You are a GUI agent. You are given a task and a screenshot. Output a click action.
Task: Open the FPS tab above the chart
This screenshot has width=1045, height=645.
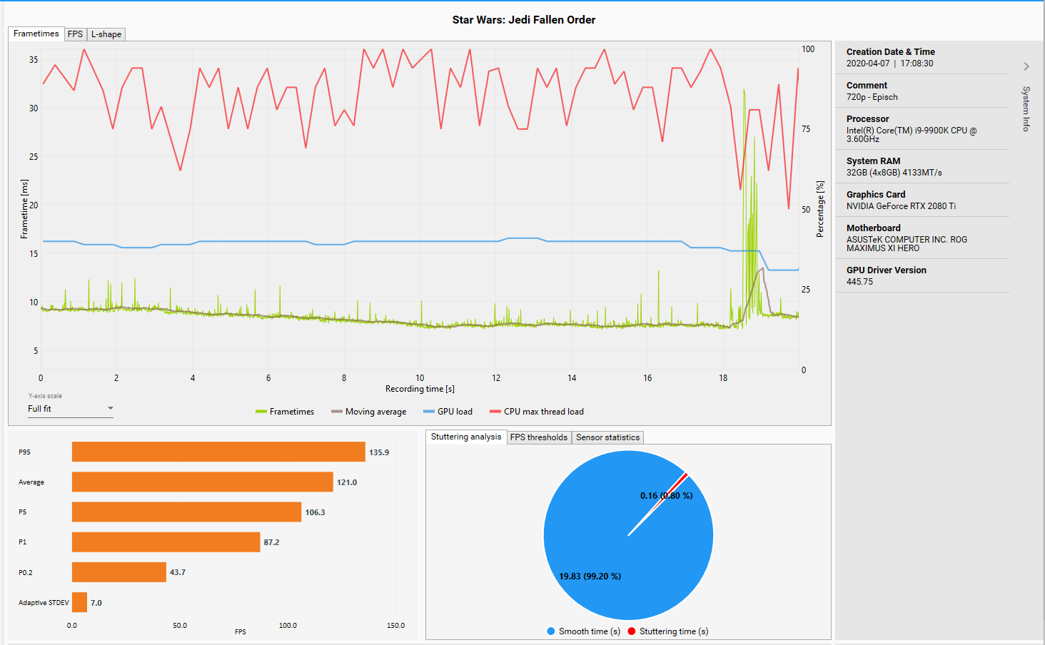point(75,34)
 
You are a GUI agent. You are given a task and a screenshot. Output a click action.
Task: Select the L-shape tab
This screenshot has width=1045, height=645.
point(106,34)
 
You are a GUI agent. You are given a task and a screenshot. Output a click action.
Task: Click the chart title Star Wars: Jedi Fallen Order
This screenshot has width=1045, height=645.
point(523,20)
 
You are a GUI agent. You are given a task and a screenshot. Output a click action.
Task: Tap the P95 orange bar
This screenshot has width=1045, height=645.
point(218,452)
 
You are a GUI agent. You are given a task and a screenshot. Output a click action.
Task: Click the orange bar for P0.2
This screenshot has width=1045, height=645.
point(118,572)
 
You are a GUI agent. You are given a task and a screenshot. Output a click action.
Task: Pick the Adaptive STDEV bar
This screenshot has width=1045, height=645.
point(79,602)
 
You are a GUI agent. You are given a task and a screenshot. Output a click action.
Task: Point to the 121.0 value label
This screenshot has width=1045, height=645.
point(347,482)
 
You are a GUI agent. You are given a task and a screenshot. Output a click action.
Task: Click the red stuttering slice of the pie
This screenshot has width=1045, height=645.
point(683,477)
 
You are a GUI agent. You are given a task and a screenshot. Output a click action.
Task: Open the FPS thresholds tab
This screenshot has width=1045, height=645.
point(538,437)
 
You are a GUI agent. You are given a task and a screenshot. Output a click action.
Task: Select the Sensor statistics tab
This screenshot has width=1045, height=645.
point(607,437)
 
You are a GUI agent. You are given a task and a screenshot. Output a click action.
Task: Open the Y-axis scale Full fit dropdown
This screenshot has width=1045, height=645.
point(70,409)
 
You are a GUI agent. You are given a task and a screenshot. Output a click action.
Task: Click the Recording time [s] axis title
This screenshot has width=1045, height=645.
point(420,389)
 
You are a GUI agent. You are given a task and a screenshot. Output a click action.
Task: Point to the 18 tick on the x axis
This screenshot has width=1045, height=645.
point(723,378)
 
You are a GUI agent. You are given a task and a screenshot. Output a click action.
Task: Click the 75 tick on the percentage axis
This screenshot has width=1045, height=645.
point(806,129)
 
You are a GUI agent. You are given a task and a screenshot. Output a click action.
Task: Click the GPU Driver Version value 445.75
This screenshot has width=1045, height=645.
point(859,282)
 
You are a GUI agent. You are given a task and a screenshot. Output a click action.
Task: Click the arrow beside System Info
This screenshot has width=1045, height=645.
point(1026,66)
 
